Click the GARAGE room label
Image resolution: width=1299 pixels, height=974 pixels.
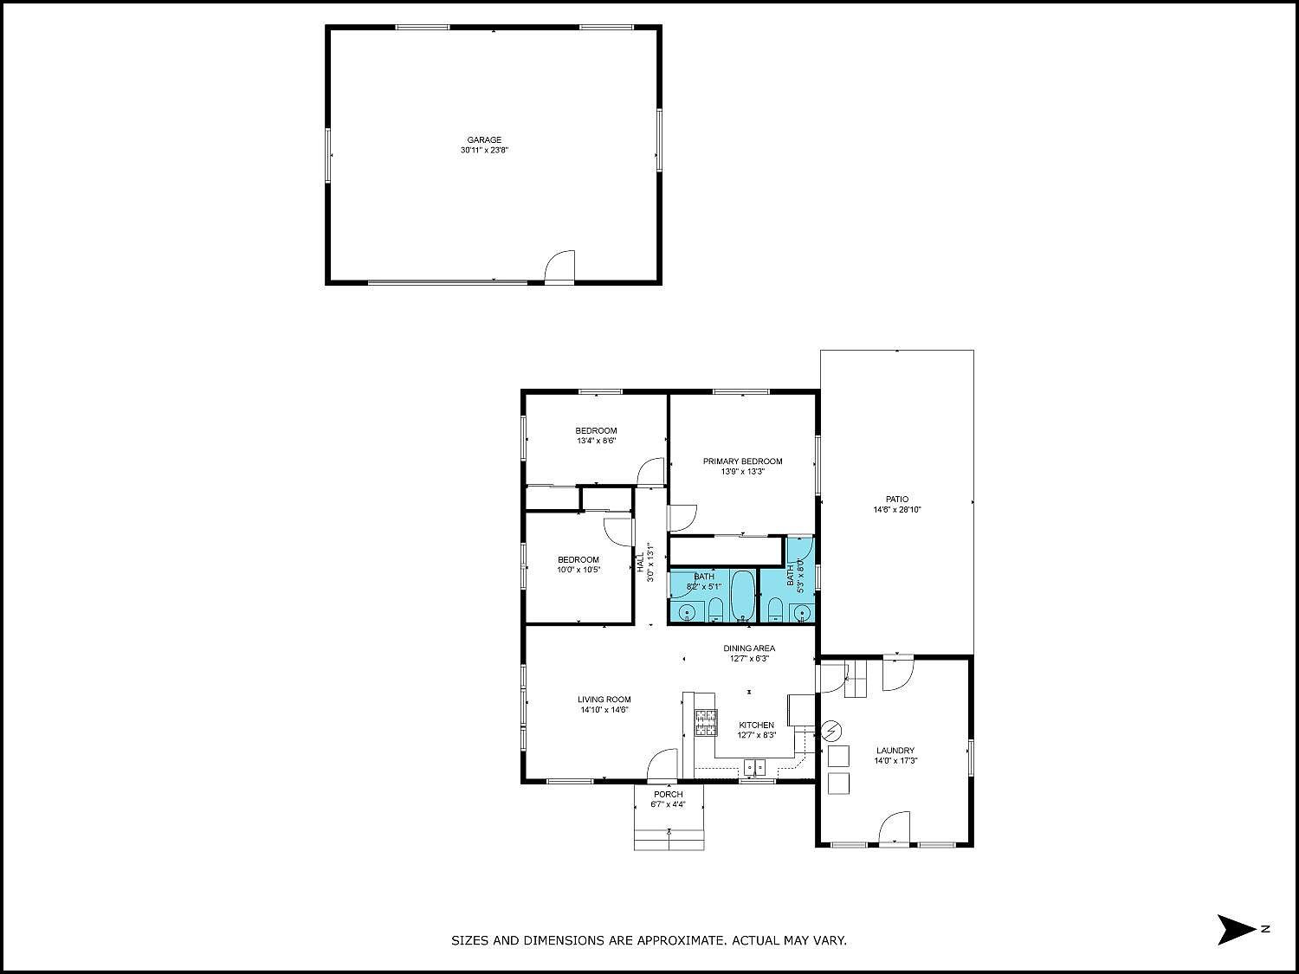click(484, 139)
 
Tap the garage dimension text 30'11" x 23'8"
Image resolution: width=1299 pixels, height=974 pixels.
click(484, 151)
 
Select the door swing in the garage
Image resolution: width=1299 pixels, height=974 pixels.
click(561, 266)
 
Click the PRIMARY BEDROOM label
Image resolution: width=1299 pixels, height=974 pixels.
click(742, 461)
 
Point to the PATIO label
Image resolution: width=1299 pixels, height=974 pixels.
click(897, 499)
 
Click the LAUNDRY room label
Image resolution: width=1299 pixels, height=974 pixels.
click(895, 751)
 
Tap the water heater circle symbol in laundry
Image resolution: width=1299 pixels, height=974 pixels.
click(831, 732)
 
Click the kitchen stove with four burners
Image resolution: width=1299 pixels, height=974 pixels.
click(706, 722)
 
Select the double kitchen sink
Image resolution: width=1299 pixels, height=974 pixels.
click(755, 767)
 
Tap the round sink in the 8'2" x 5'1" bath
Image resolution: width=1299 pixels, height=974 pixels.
click(688, 613)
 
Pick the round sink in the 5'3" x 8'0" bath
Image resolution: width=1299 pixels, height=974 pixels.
click(803, 613)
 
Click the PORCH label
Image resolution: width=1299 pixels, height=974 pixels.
click(668, 794)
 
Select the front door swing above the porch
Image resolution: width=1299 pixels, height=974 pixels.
click(663, 765)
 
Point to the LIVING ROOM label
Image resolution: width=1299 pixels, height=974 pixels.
click(604, 700)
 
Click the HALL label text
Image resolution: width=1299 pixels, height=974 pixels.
click(641, 562)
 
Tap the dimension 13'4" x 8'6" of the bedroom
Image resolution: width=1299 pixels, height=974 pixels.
click(596, 441)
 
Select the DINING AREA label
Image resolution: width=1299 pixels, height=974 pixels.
click(749, 648)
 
